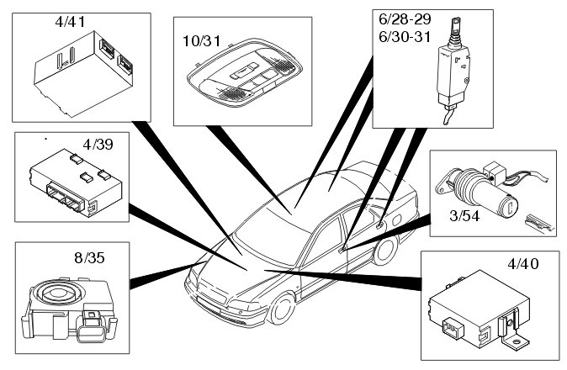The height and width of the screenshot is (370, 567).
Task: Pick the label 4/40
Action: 522,264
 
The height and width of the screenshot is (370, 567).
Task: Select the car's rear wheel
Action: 388,250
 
